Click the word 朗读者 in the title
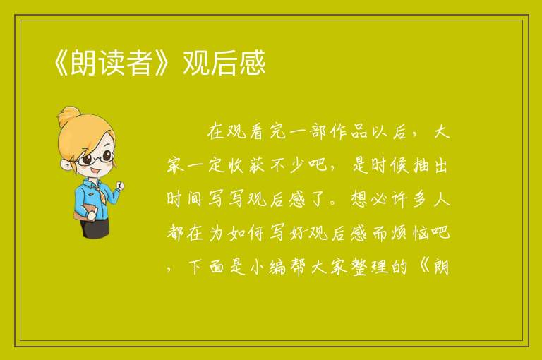point(111,63)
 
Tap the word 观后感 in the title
point(224,63)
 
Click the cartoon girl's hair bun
point(68,116)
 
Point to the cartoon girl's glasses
point(96,158)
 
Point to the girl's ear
point(65,164)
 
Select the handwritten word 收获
point(246,166)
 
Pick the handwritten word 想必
point(370,199)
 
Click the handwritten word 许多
point(410,199)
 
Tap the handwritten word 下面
point(206,267)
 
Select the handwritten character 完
point(277,132)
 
